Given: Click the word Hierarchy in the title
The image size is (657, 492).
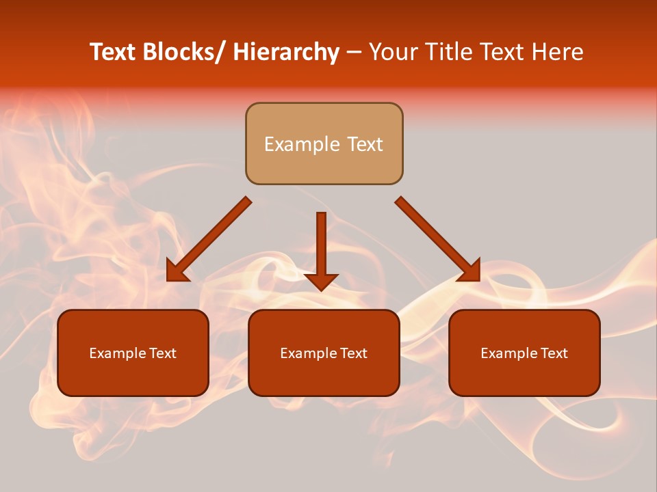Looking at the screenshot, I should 285,53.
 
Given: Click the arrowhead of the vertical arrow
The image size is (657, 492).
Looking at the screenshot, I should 321,281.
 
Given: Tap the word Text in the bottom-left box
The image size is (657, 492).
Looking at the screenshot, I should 162,353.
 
